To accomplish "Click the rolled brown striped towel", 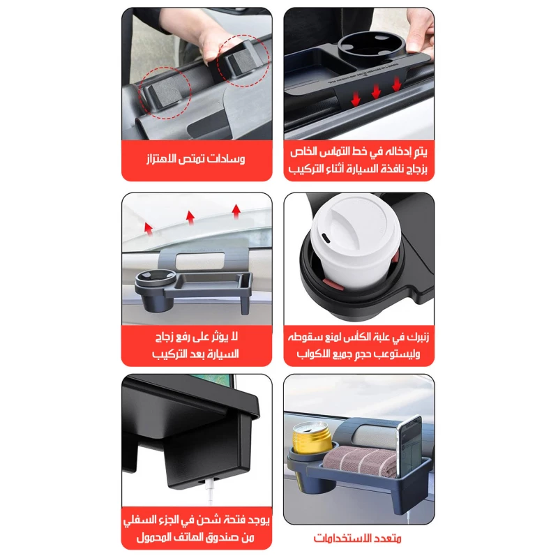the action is (360, 461).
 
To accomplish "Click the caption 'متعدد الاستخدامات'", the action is (357, 538).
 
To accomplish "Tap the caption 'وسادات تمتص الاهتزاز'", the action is (196, 159).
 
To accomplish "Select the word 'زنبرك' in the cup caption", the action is (418, 337).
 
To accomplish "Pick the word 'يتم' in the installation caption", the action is (420, 152).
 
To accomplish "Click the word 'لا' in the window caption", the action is (234, 336).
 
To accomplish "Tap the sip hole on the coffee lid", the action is (326, 239).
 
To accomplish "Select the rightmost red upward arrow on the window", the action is (236, 211).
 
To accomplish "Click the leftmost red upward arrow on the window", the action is (149, 229).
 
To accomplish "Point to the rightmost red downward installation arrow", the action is (396, 85).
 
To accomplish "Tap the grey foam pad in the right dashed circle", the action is (240, 59).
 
